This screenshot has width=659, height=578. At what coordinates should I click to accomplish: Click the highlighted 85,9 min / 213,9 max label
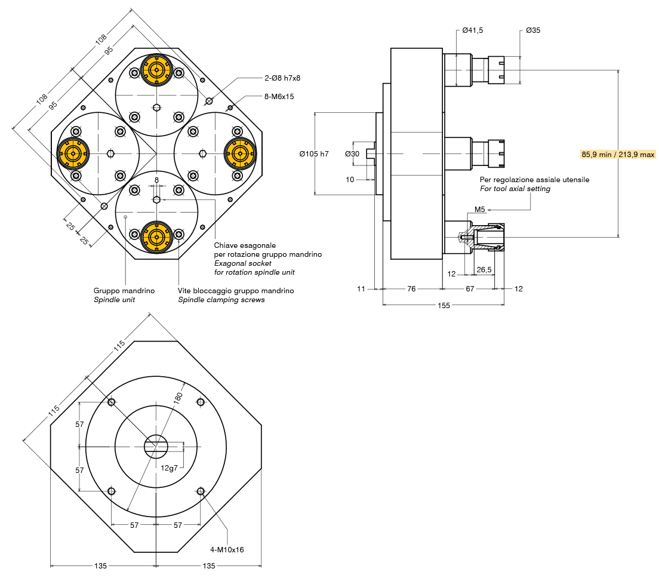(618, 154)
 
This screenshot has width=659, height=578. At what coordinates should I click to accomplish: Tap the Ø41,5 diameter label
(472, 30)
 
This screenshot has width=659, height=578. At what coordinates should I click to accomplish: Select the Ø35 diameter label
(533, 30)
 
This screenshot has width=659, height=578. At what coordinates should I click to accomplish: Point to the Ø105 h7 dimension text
(314, 154)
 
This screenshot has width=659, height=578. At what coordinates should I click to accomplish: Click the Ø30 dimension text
(352, 154)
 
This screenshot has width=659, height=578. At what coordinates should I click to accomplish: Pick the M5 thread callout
(479, 210)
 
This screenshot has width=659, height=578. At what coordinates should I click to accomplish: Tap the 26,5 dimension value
(484, 270)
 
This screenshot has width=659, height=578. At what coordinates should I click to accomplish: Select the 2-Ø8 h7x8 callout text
(282, 78)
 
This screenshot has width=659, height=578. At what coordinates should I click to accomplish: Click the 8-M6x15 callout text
(279, 96)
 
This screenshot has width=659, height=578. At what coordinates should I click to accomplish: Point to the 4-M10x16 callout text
(227, 549)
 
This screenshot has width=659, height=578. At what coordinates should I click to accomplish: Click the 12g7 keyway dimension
(170, 468)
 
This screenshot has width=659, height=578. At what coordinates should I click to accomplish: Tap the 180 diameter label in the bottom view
(178, 398)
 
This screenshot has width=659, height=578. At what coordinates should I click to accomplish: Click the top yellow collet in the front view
(156, 70)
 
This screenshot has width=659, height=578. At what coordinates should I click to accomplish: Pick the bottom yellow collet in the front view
(156, 237)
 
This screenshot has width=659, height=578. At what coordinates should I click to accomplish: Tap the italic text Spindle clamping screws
(221, 300)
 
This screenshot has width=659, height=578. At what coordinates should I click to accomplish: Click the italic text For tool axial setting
(515, 189)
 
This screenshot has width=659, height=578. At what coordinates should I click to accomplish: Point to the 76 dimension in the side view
(411, 288)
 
